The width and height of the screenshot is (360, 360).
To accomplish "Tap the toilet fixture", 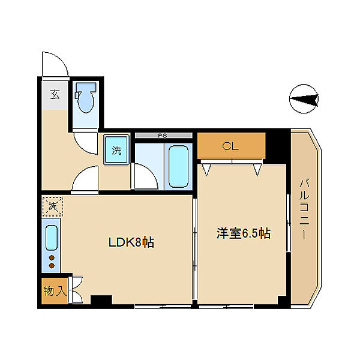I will coord(86,98).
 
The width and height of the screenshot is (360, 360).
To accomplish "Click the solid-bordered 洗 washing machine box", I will coord(116,149).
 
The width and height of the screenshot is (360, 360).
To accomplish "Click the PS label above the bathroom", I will coord(162,136).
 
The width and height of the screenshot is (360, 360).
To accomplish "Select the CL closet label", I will coord(231,146).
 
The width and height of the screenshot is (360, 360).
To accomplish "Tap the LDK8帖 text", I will coord(131,242).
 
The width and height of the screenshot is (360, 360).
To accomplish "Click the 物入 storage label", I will coord(55,291).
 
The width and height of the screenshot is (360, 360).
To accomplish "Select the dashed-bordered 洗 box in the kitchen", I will coord(52,206).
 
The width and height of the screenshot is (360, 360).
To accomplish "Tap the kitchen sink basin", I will coord(52,238).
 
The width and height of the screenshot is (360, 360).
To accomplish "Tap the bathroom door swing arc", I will coord(144,178).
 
